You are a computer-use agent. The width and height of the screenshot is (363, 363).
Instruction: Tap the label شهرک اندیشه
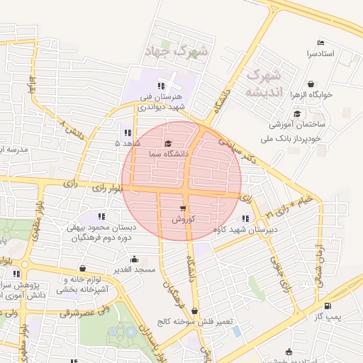(x=262, y=84)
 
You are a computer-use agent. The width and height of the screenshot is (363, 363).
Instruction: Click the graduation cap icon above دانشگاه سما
(x=168, y=143)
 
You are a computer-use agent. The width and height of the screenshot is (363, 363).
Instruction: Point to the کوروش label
(x=183, y=220)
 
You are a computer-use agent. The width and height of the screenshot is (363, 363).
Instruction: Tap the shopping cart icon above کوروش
(x=183, y=209)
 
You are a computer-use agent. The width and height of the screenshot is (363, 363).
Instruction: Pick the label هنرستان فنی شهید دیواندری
(x=162, y=101)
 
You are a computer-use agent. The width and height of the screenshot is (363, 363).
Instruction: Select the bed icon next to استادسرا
(x=321, y=43)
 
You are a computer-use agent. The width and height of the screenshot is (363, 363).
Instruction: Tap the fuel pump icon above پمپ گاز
(x=327, y=307)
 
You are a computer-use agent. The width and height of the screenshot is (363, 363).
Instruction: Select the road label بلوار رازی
(x=108, y=186)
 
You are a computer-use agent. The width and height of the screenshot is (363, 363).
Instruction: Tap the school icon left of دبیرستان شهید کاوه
(x=245, y=219)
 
